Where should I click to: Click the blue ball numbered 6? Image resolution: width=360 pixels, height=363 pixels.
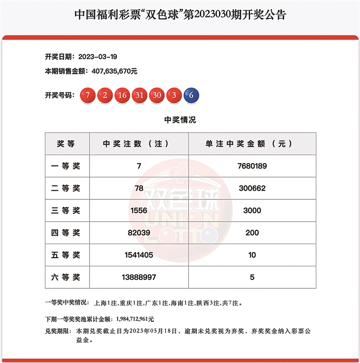pos(191,95)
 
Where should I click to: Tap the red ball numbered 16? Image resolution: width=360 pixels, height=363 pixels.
pos(122,95)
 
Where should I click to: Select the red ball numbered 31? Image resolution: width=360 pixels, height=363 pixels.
pos(140,95)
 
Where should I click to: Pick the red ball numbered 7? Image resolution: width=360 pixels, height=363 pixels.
pos(88,95)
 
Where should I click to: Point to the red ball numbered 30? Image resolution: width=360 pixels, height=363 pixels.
pos(157,95)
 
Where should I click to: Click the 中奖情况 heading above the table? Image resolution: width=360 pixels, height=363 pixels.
pos(180,120)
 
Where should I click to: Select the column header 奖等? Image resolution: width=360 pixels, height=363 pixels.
pos(67,144)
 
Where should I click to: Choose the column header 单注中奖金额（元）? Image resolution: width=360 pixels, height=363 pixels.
pos(252,144)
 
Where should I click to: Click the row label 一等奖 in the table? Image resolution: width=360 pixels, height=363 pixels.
pos(67,166)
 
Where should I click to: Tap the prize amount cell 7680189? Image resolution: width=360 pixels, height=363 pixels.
pos(252,166)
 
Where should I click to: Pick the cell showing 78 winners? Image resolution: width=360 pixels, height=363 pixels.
pos(139,188)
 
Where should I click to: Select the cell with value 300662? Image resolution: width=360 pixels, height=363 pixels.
pos(252,188)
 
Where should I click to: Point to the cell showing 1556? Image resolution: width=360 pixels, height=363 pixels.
pos(139,210)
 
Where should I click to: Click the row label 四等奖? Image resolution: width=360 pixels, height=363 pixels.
pos(67,233)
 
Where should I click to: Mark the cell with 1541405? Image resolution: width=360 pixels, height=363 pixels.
pos(139,255)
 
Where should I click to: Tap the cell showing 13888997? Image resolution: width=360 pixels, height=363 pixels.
pos(139,277)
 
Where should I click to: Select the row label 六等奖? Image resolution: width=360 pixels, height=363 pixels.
pos(67,277)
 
